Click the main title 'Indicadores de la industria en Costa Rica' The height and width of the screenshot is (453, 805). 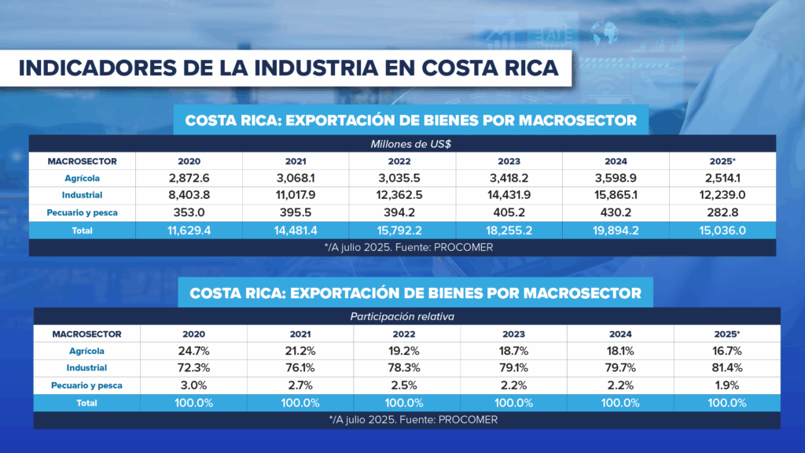(x=288, y=67)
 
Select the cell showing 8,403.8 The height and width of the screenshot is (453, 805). (x=188, y=195)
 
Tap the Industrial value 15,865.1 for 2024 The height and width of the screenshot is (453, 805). (x=616, y=195)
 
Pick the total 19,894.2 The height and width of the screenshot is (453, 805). (x=616, y=230)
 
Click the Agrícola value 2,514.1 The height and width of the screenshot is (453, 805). (x=722, y=178)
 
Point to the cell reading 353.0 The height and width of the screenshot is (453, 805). (x=188, y=212)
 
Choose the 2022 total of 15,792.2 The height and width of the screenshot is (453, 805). (x=402, y=230)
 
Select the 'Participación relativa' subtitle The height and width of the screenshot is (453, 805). (x=407, y=316)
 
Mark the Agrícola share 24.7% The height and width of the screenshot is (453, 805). (x=193, y=351)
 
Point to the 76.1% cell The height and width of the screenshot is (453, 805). (x=300, y=367)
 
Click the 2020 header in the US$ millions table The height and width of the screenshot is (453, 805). (x=188, y=161)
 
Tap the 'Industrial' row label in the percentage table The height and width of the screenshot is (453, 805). (x=86, y=368)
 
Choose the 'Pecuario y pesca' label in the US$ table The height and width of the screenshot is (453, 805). (x=82, y=212)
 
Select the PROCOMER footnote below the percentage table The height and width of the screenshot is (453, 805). (x=407, y=420)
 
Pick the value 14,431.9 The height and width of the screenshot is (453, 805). (x=509, y=195)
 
